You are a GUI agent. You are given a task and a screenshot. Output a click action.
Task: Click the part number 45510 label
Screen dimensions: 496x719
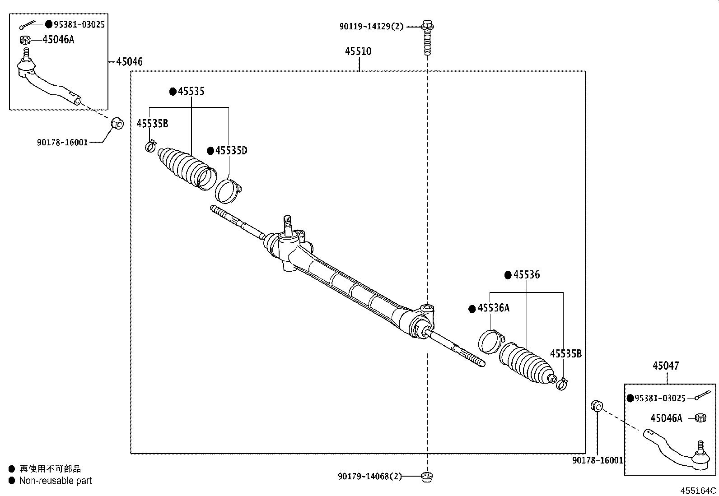click(358, 51)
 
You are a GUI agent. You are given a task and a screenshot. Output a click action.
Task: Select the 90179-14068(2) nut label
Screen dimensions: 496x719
click(369, 476)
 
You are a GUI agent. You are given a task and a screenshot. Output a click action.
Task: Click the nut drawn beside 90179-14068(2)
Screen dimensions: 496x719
click(426, 476)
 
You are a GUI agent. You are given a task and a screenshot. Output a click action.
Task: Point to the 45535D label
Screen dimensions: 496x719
click(231, 151)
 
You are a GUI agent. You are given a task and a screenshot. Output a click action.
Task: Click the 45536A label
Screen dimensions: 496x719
click(493, 308)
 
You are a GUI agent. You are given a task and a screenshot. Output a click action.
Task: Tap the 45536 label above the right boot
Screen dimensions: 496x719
click(526, 275)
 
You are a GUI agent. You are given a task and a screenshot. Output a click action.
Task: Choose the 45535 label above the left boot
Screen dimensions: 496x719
click(191, 92)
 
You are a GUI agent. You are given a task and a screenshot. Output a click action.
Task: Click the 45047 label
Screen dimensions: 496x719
click(665, 366)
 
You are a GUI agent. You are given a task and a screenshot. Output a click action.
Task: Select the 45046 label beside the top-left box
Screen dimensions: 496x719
click(129, 62)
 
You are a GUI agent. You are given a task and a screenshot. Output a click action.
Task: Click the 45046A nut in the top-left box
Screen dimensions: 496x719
click(25, 40)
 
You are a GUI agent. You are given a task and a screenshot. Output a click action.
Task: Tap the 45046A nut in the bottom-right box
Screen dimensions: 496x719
click(700, 418)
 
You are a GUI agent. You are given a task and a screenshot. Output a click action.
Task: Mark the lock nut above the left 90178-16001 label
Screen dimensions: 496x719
click(117, 122)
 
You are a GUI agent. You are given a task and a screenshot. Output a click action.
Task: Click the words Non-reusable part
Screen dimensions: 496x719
click(55, 481)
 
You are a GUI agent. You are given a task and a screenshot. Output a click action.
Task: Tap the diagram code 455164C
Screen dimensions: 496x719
click(699, 490)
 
